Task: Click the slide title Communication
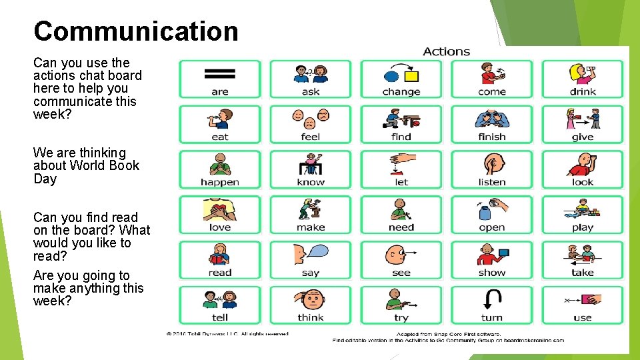(x=135, y=31)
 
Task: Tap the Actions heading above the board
(x=446, y=51)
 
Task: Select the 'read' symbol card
(x=220, y=260)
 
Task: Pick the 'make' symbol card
(x=311, y=215)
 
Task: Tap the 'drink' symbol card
(x=583, y=79)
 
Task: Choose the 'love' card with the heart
(x=220, y=215)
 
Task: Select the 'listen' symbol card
(x=492, y=169)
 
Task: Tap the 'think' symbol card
(x=311, y=305)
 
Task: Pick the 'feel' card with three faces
(x=311, y=124)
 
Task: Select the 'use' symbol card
(x=583, y=305)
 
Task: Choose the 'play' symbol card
(x=583, y=215)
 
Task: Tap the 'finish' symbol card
(x=492, y=124)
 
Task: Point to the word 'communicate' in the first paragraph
(x=67, y=101)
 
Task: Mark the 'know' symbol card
(x=311, y=169)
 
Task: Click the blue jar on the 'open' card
(x=485, y=212)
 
